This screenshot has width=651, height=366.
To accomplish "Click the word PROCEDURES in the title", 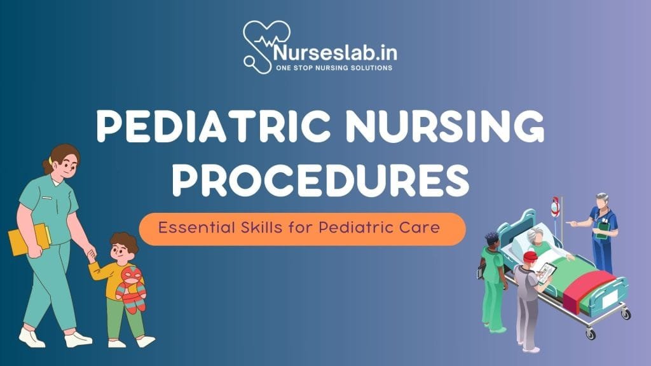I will (325, 180).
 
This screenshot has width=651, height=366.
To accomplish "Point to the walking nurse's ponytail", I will (48, 166).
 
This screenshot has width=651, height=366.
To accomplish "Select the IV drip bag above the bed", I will (556, 207).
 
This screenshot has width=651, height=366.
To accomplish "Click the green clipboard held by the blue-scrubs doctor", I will (601, 229).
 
